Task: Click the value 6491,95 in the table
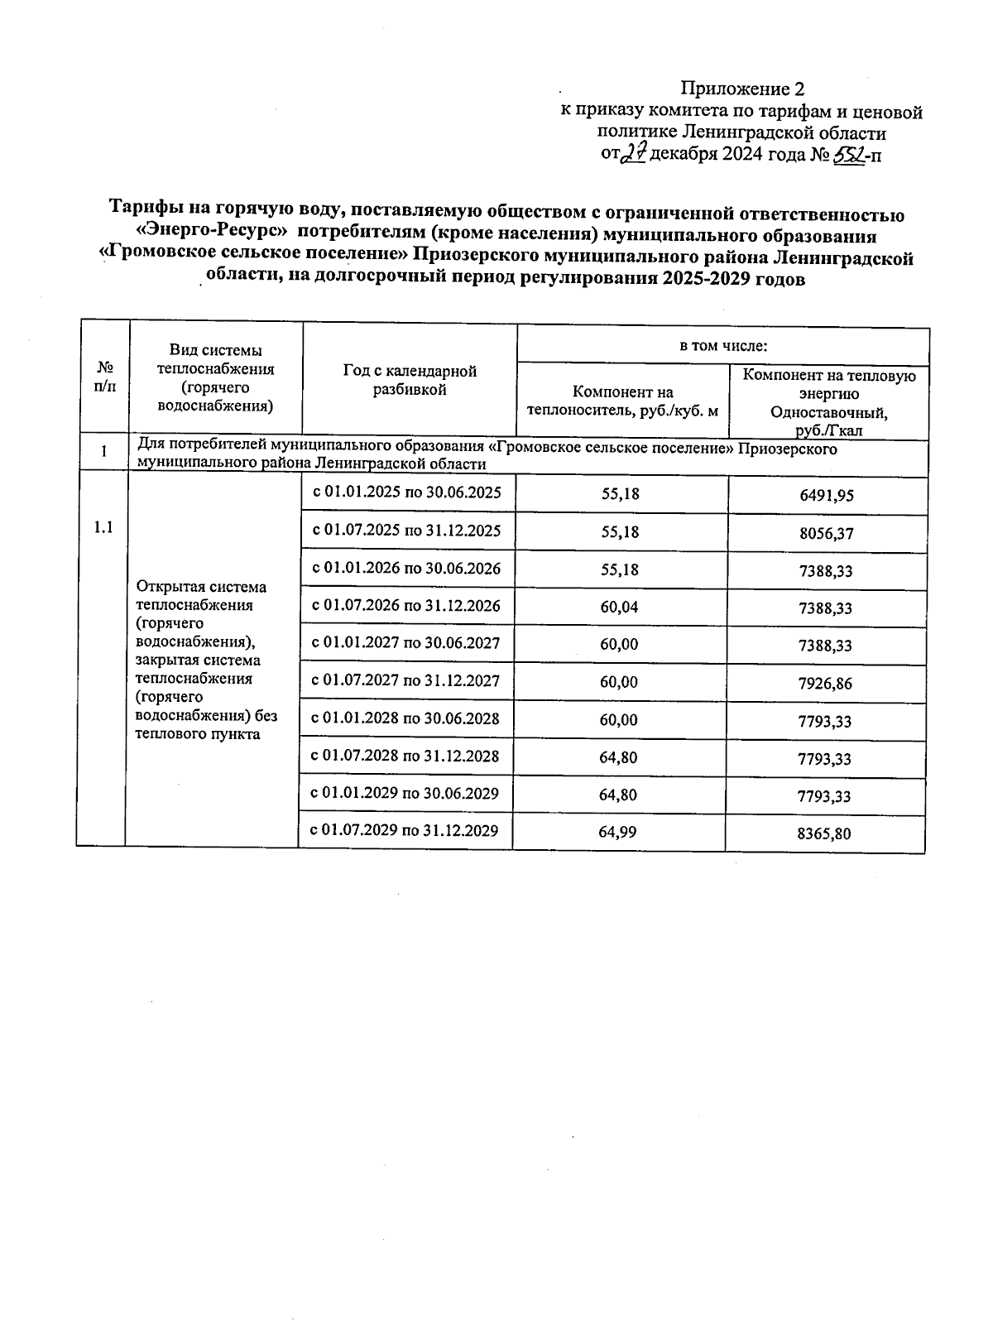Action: click(x=827, y=496)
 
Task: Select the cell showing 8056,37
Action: click(x=827, y=534)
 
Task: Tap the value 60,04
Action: click(x=620, y=607)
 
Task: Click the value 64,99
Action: click(x=618, y=832)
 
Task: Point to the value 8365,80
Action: click(x=825, y=833)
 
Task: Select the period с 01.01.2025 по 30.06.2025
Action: click(x=406, y=492)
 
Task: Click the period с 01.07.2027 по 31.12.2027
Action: click(x=405, y=681)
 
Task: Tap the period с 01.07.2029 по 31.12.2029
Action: click(x=405, y=830)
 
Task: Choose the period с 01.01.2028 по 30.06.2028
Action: click(x=405, y=718)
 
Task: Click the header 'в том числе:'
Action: click(x=723, y=345)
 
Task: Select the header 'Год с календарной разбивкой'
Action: click(x=410, y=380)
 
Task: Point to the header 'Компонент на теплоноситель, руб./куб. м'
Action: click(x=623, y=401)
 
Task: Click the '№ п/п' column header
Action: click(x=105, y=376)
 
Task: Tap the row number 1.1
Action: click(x=103, y=527)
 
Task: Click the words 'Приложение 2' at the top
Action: click(x=742, y=89)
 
